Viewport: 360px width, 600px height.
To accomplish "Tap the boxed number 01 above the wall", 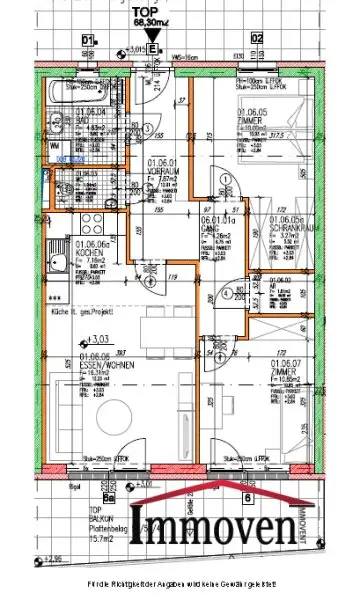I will point(88,39).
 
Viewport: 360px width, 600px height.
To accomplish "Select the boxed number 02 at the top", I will point(256,39).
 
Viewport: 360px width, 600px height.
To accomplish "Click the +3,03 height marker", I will point(97,341).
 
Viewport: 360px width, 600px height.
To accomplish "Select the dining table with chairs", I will point(153,306).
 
